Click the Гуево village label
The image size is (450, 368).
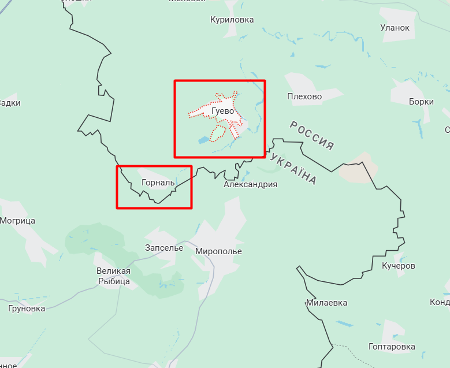222,110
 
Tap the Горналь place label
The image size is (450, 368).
158,183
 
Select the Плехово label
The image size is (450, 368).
304,96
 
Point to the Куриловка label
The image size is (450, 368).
232,20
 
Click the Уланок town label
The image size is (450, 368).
395,28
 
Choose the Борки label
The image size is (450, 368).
421,102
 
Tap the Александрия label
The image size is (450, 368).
251,185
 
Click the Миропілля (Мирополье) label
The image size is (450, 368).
218,251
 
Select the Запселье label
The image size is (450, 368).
164,248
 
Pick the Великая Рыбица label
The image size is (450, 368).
113,276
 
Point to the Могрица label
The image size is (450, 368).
17,221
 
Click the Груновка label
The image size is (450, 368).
27,308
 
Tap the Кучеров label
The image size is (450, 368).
399,266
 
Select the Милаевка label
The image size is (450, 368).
327,303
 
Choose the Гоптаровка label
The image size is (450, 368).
392,347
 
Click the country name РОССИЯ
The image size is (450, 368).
312,135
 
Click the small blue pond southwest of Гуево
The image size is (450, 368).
203,140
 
